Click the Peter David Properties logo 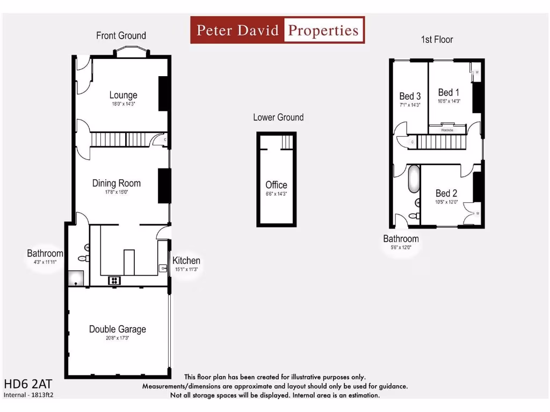(x=277, y=30)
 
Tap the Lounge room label (x=123, y=95)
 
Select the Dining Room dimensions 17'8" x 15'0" (x=117, y=192)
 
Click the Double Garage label (x=117, y=329)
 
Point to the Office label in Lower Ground (x=276, y=185)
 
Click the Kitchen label (x=186, y=261)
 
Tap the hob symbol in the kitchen (x=114, y=280)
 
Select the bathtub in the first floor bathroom (x=413, y=179)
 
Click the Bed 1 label (x=448, y=92)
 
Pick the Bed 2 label (x=446, y=193)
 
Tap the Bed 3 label (x=409, y=96)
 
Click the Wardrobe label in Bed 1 (x=447, y=130)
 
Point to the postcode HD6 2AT (x=28, y=385)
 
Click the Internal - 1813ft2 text (x=29, y=395)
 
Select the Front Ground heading (x=121, y=35)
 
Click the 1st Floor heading (x=437, y=40)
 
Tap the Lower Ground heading (x=278, y=117)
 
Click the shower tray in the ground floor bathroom (x=75, y=277)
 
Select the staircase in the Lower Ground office (x=287, y=142)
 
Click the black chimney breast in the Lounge (x=164, y=93)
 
